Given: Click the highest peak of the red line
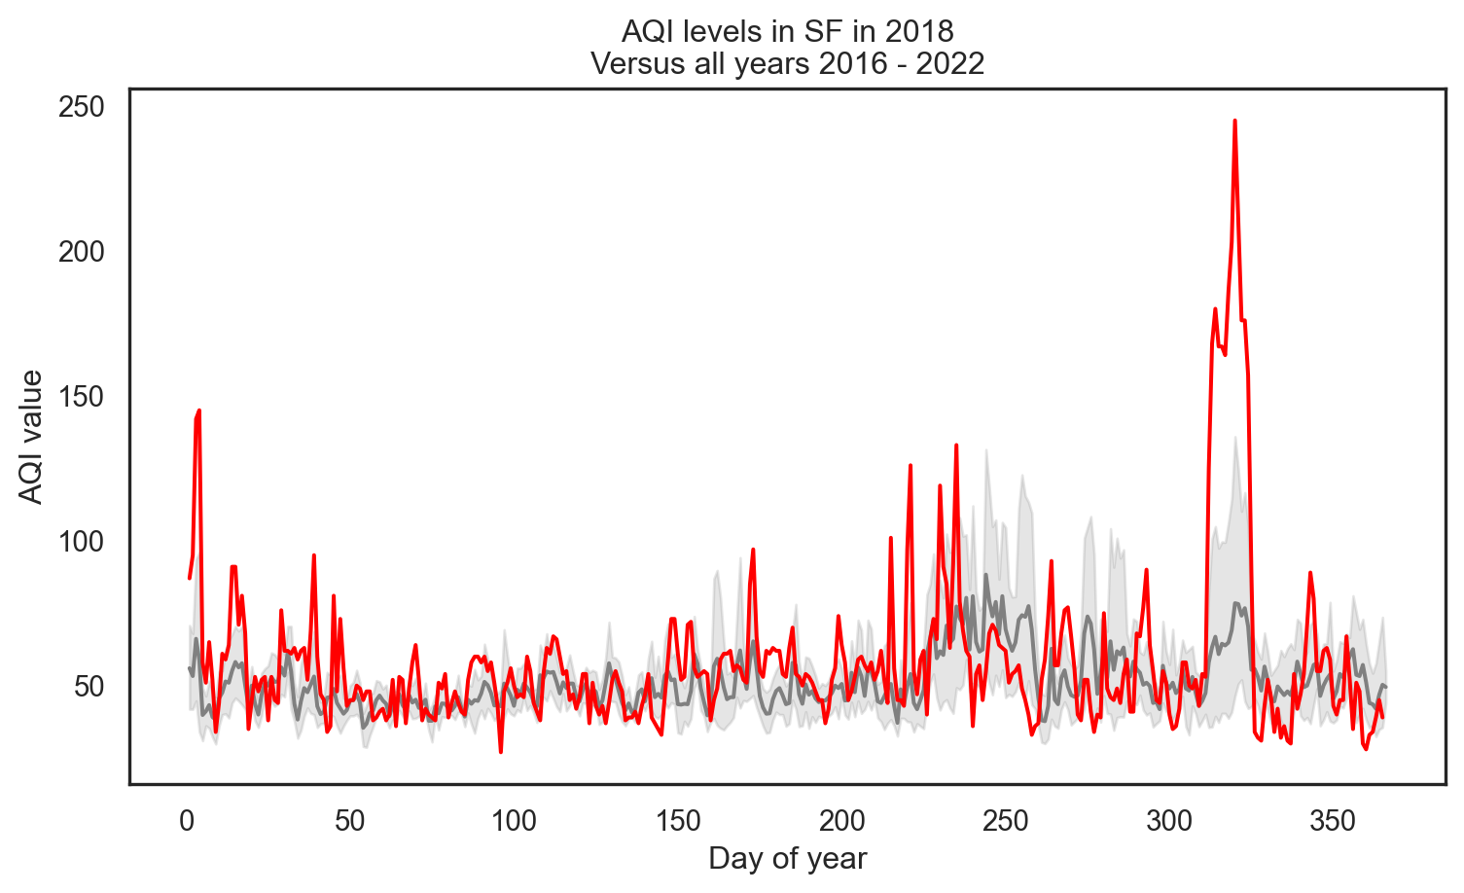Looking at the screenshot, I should [1234, 122].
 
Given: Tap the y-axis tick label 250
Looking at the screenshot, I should [81, 107].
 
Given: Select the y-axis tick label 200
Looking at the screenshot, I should [81, 252].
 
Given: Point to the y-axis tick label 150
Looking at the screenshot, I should [81, 397].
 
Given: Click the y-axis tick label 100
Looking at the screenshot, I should [81, 542].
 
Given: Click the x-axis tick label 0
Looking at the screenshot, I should [186, 821].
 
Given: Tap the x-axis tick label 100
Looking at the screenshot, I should [514, 821].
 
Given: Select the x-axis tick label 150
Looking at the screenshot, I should [678, 821].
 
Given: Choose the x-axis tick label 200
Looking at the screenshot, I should [841, 821].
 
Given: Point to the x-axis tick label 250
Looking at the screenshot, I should [1006, 821].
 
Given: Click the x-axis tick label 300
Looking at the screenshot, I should [1169, 821].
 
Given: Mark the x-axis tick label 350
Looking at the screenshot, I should [1334, 821].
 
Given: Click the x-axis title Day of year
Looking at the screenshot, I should [787, 859].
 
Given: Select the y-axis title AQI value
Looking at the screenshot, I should [32, 437].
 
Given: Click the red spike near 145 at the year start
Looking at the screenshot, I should [198, 411].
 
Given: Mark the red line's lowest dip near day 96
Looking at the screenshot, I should [501, 751].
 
